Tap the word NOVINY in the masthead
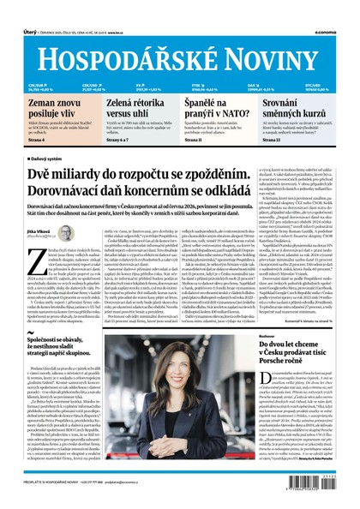pyautogui.click(x=280, y=34)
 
